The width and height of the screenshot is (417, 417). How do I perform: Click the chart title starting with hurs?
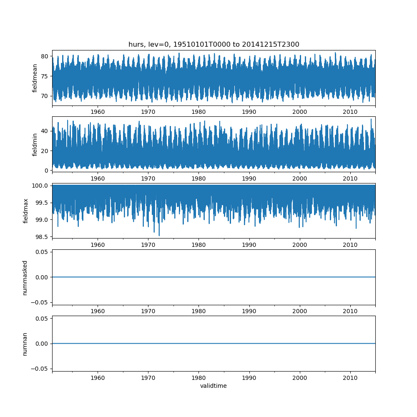(x=214, y=45)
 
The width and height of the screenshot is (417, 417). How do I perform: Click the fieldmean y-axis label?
(x=35, y=78)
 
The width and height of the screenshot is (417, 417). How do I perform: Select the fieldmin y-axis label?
(x=35, y=144)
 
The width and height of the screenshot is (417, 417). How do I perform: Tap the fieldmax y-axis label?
(x=26, y=211)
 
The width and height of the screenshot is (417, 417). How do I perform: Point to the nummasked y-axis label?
(x=25, y=277)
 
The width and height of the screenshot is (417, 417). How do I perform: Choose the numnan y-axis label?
(x=25, y=344)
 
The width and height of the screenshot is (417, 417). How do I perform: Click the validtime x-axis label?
(x=214, y=386)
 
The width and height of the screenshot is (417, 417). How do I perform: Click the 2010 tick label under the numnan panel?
(x=350, y=378)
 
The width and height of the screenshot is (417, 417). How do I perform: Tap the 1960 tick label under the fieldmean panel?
(x=98, y=112)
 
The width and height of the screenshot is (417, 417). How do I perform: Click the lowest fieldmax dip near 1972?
(x=159, y=236)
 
